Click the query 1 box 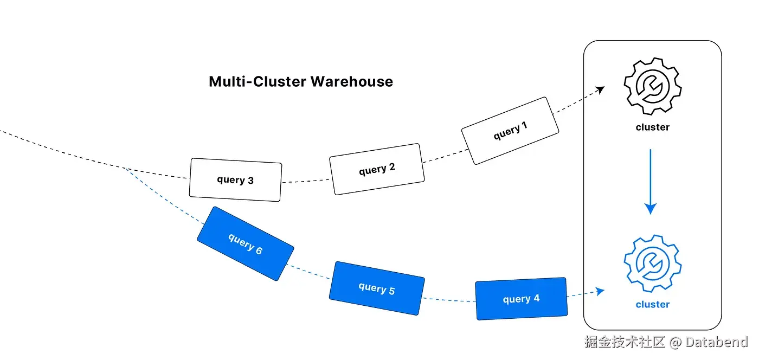point(510,131)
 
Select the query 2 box point(377,169)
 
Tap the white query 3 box point(235,179)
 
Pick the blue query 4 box point(521,298)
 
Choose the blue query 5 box point(377,288)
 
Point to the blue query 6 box point(245,243)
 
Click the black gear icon point(652,86)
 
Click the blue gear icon point(652,263)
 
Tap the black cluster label point(652,127)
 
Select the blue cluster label point(652,305)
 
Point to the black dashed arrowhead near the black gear point(600,89)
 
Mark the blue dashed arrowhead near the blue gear point(600,292)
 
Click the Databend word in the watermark point(716,342)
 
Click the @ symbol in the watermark point(675,343)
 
